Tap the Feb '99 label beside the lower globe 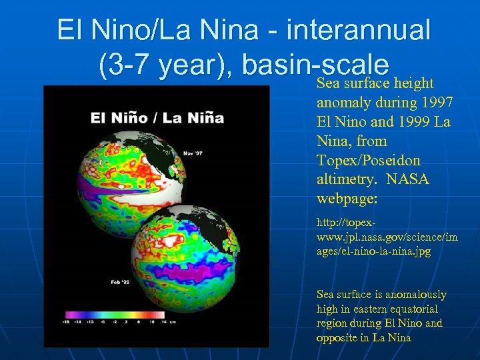coord(119,283)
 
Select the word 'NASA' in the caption coord(409,180)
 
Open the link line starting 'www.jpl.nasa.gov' coord(387,237)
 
